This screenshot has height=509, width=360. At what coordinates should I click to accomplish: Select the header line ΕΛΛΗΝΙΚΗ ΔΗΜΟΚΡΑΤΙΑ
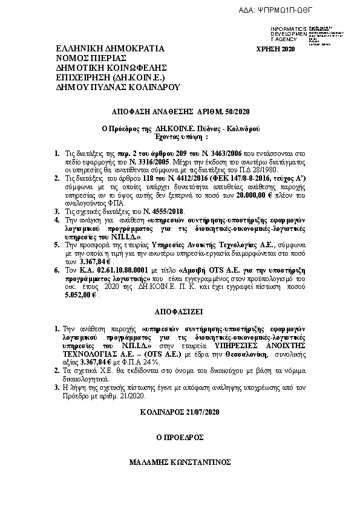(110, 48)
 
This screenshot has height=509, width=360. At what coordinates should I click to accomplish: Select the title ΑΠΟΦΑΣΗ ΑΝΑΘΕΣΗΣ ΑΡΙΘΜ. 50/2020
(181, 112)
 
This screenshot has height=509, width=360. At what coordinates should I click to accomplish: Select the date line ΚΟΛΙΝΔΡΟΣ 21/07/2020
(180, 412)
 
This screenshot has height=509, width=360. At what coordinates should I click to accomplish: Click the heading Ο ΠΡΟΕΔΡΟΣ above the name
(180, 437)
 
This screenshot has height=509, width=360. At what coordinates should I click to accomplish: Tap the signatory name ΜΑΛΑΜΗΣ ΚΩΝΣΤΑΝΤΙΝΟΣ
(180, 462)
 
